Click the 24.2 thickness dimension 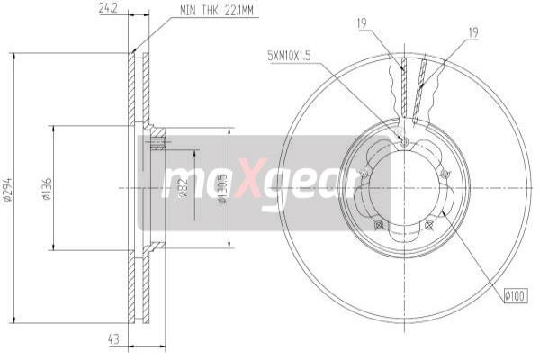click(109, 10)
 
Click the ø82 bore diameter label click(182, 188)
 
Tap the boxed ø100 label click(517, 292)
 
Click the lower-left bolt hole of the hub click(379, 223)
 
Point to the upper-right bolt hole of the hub click(446, 173)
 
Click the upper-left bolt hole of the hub click(362, 174)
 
